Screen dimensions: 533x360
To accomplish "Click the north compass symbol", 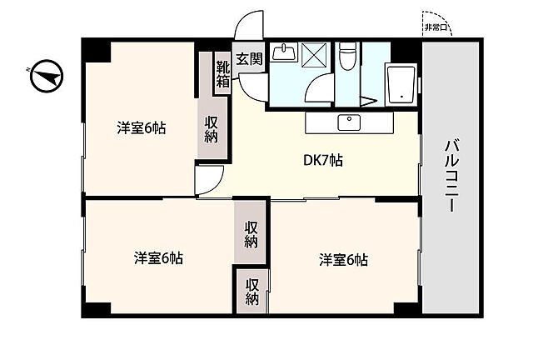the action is coord(47,76).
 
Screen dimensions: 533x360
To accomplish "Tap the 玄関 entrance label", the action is coord(250,59).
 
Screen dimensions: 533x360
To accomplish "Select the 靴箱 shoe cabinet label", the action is coord(223,75).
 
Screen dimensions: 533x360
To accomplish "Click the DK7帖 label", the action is coord(323,160).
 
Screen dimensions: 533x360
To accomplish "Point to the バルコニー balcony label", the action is coord(452,176).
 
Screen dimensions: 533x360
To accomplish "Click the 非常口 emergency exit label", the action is coord(436,27).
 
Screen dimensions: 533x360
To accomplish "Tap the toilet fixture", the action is coord(348,56).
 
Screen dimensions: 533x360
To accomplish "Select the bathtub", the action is coord(401,84).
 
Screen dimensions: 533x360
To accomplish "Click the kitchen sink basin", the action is coord(349,122).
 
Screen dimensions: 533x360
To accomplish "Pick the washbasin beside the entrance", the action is coord(283,52).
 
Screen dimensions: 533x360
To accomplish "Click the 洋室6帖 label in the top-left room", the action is coord(142,128).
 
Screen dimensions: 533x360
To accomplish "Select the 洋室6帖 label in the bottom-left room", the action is coord(158,258).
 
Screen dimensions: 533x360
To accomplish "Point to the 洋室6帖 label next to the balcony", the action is coord(343,260).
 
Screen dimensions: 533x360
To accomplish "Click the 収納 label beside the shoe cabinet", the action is coord(212,129).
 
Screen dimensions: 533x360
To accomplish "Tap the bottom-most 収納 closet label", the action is coord(252,292).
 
